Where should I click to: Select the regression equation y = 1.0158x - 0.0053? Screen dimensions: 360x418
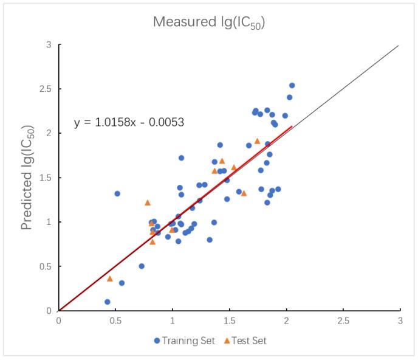[x=129, y=122]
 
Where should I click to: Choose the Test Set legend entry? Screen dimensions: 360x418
[x=245, y=341]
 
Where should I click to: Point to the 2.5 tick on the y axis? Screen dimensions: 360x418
[x=47, y=89]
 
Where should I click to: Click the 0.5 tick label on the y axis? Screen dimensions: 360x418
[x=47, y=266]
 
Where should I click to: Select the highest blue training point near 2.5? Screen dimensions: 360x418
[x=292, y=86]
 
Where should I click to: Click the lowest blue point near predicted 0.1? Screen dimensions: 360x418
[x=108, y=302]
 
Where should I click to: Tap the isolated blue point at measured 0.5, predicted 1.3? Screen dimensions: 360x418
[x=117, y=193]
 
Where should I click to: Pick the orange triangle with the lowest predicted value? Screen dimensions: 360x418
[x=110, y=279]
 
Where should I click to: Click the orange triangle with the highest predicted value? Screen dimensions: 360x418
[x=257, y=141]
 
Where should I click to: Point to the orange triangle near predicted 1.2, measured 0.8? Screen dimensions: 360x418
[x=148, y=202]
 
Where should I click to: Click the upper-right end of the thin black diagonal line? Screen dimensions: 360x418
[x=399, y=45]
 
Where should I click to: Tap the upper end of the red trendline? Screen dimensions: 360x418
[x=292, y=126]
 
